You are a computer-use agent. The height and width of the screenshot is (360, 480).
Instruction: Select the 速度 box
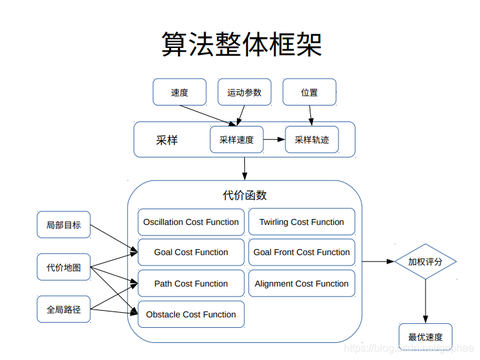tap(180, 93)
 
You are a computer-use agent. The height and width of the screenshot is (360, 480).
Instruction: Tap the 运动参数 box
tap(245, 93)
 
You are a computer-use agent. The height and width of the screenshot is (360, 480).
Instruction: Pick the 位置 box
tap(309, 93)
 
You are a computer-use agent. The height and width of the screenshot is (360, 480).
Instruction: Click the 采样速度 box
tap(238, 140)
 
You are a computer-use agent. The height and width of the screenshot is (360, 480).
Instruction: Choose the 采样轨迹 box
tap(311, 140)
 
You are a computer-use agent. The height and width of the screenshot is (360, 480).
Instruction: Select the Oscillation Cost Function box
tap(191, 222)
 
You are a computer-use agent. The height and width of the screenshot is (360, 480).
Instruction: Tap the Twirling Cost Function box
tap(301, 222)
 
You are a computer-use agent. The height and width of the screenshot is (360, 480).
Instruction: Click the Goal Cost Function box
tap(191, 252)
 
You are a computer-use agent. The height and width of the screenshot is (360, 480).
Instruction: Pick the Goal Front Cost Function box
tap(301, 252)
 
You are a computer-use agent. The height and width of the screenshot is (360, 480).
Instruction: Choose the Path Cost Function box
tap(191, 284)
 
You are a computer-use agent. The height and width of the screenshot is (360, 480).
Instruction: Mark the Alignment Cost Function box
tap(301, 284)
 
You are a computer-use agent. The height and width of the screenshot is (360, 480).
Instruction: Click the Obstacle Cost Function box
tap(191, 315)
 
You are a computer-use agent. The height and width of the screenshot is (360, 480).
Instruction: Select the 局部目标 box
tap(63, 225)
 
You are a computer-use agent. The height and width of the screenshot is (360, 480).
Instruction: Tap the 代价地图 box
tap(63, 267)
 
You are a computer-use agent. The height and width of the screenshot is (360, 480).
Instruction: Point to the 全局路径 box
tap(63, 310)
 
